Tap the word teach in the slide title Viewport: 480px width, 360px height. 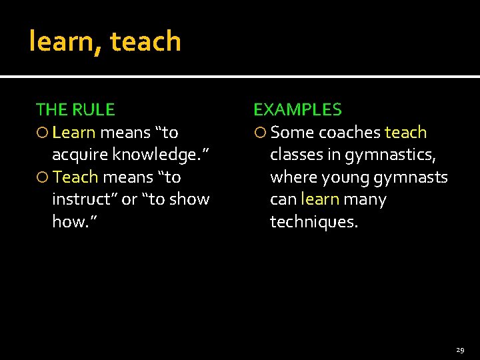pos(145,41)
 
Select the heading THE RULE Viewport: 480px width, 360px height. pos(75,110)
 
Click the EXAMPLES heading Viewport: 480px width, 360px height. pos(297,110)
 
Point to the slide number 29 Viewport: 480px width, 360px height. pos(460,349)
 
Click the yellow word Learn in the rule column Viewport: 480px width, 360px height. pos(74,133)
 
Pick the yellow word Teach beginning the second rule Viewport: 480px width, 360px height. pos(75,177)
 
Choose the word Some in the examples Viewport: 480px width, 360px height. pos(292,133)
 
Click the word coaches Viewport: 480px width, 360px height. pos(349,133)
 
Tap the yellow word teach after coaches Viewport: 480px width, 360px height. pos(405,133)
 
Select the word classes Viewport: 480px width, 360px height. pos(296,155)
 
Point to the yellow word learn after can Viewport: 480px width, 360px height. pos(320,199)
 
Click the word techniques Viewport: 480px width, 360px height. pos(313,222)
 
